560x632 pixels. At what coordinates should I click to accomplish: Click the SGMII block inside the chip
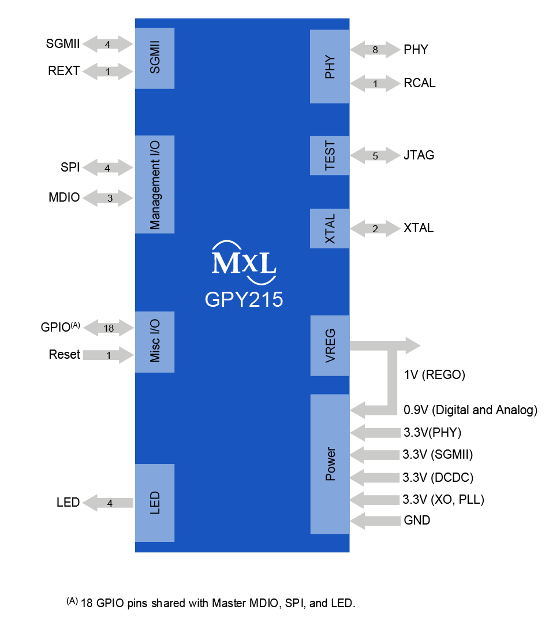point(154,58)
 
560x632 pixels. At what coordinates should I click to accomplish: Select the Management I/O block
point(154,184)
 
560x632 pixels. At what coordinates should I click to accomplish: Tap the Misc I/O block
point(154,342)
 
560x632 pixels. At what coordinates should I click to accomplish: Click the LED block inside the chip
point(154,503)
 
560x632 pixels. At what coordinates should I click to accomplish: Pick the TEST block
point(330,155)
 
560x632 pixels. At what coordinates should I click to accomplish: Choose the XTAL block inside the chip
point(330,228)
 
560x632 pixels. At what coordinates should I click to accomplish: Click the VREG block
point(330,345)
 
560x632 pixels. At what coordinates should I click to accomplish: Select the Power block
point(330,464)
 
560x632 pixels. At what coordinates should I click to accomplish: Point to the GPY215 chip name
point(244,300)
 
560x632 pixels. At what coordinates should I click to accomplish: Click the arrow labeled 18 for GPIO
point(109,328)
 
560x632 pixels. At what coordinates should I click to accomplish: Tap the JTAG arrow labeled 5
point(375,155)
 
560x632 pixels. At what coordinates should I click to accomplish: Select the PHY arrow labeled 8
point(375,50)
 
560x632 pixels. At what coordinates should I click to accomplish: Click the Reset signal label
point(64,355)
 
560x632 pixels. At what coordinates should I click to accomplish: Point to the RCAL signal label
point(420,83)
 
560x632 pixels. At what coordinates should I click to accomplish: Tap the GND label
point(417,521)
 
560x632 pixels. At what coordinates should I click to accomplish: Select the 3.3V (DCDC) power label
point(438,477)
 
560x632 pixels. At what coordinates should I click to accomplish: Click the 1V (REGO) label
point(434,375)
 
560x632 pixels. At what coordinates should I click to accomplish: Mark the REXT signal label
point(64,72)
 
